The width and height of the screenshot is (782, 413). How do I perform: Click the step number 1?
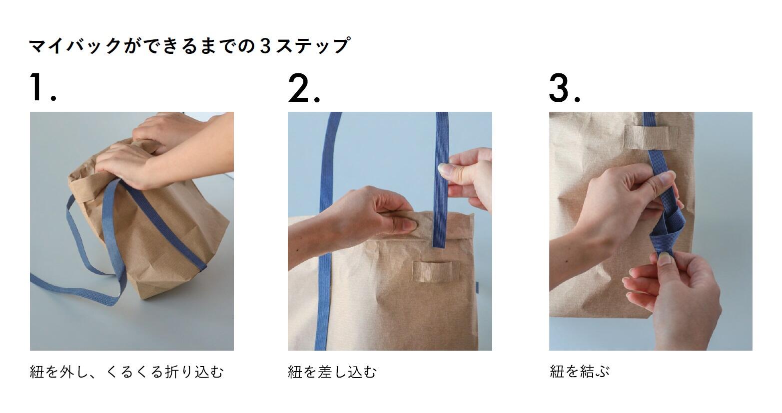[x=42, y=88]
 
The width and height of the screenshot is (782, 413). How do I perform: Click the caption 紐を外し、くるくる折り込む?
[x=126, y=372]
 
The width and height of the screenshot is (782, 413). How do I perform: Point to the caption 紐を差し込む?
[x=332, y=372]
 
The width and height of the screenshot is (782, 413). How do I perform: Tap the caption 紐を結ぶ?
[x=579, y=372]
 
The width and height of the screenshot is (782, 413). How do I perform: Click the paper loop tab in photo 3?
[x=651, y=137]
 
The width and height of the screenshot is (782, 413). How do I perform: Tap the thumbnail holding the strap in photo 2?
[x=445, y=169]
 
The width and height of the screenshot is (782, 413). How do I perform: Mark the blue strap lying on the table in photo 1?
[x=75, y=284]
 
